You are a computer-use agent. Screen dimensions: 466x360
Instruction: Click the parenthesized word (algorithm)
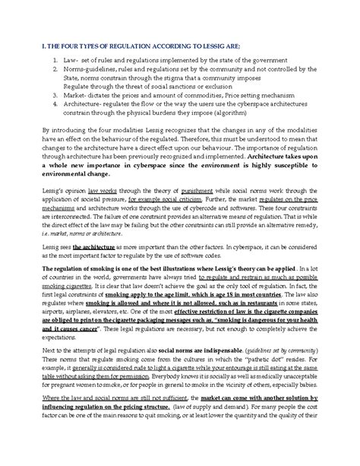[x=208, y=127]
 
